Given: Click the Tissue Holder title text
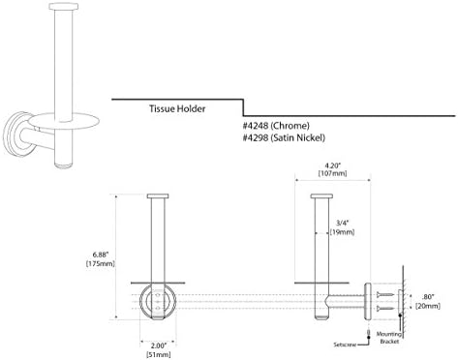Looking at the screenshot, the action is click(x=177, y=108).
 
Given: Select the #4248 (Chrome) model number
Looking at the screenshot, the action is click(x=276, y=126).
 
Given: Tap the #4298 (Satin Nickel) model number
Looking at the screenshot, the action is click(x=284, y=138).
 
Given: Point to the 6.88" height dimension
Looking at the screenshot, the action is click(x=101, y=255).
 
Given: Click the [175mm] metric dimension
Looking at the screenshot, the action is click(x=101, y=263).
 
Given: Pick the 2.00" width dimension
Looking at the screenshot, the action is click(x=159, y=345).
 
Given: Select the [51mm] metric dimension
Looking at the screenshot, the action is click(x=159, y=355).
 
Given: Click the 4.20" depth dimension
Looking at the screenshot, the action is click(x=333, y=165).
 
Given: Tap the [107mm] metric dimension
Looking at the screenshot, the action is click(x=333, y=173).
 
